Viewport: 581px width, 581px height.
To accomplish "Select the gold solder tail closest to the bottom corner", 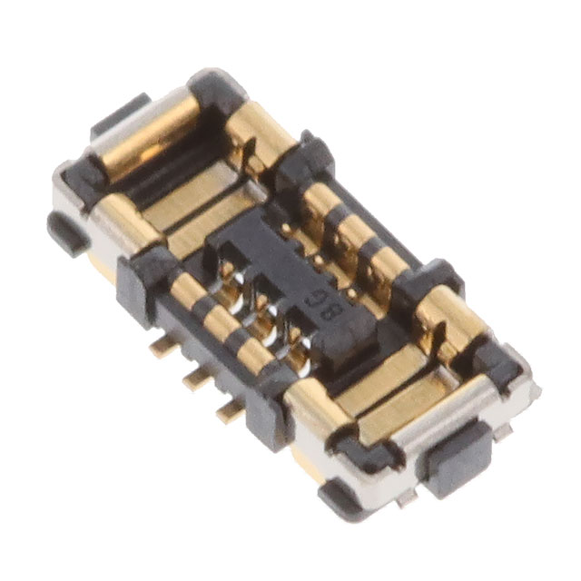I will coord(231,409).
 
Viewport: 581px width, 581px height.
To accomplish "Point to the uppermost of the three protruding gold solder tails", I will coord(163,346).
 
